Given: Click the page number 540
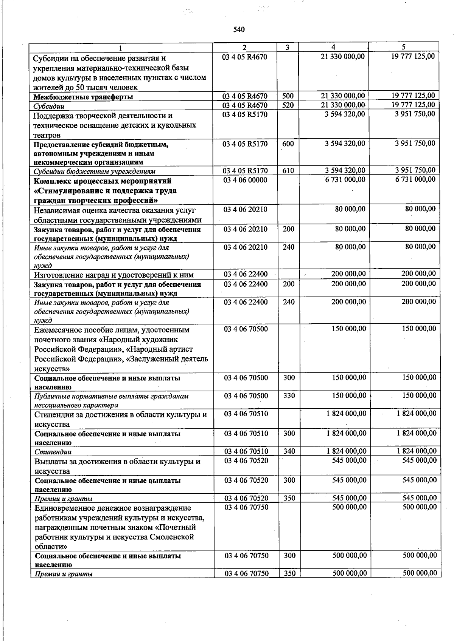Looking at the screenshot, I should click(x=239, y=30).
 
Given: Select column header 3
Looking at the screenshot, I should click(x=288, y=48).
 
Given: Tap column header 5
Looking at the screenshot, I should click(x=404, y=47).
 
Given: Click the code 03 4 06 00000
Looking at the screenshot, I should click(x=245, y=180).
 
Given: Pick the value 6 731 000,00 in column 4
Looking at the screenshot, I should click(x=345, y=180).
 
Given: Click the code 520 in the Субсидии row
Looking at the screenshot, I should click(x=288, y=105).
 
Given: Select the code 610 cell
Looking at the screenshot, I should click(x=288, y=171).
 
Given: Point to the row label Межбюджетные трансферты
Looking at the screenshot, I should click(x=83, y=97).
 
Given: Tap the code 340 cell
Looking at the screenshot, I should click(x=289, y=451).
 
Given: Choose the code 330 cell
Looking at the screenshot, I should click(x=289, y=395).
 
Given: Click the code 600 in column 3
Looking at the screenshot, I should click(x=288, y=144).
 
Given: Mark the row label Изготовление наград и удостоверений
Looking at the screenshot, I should click(x=113, y=275).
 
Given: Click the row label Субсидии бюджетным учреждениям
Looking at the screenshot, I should click(x=94, y=171).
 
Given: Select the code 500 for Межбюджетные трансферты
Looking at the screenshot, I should click(x=288, y=96).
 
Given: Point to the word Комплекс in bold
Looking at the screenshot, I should click(x=51, y=181).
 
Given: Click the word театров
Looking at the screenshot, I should click(x=47, y=135).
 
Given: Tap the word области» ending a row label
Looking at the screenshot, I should click(x=51, y=547).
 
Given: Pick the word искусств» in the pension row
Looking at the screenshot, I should click(x=52, y=369).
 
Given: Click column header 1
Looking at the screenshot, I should click(x=120, y=48).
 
